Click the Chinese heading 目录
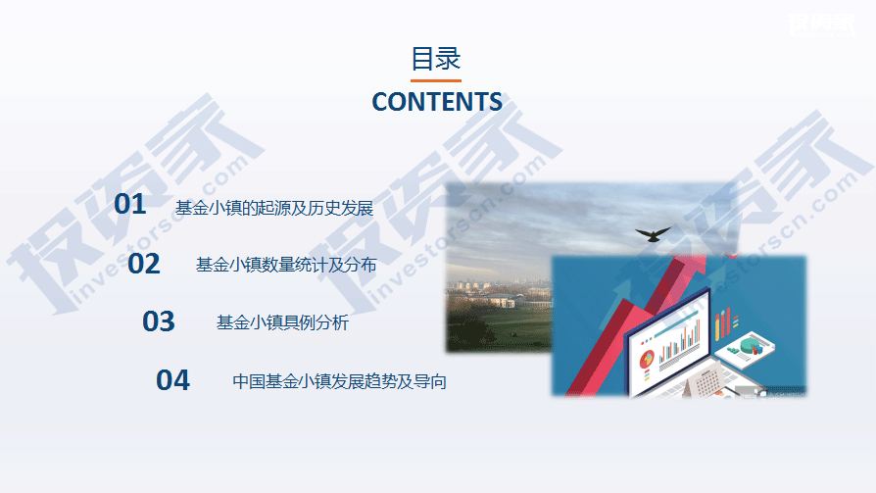coord(436,59)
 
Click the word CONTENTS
coord(437,102)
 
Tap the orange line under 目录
coord(436,80)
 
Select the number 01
coord(130,204)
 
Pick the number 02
coord(144,264)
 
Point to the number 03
coord(159,321)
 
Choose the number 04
coord(172,380)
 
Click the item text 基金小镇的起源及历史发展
coord(274,208)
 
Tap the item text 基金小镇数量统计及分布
coord(286,265)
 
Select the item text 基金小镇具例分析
coord(282,322)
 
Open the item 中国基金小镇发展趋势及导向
coord(339,381)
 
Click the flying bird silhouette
coord(653,233)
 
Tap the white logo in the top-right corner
coord(821,25)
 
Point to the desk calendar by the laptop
coord(706,383)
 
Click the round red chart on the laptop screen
coord(647,359)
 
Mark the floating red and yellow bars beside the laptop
coord(725,323)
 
